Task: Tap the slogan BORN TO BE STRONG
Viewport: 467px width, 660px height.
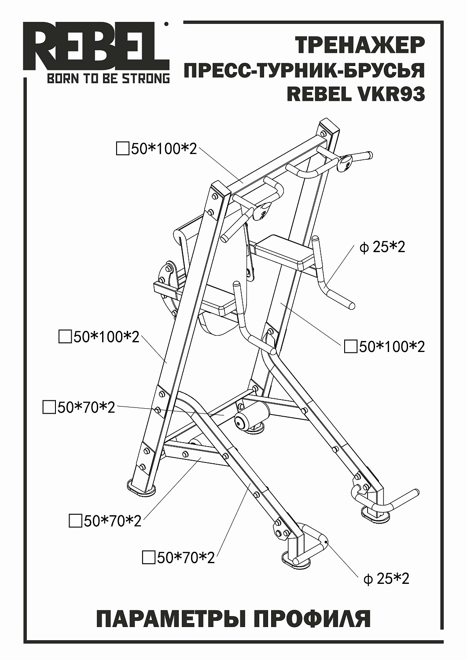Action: [x=108, y=79]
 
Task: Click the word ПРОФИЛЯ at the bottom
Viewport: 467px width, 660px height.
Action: [x=312, y=619]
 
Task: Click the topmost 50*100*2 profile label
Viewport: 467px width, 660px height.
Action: [x=163, y=149]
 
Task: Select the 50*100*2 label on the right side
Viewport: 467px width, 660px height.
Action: [x=392, y=347]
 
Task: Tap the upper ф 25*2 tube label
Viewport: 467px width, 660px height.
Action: [x=382, y=247]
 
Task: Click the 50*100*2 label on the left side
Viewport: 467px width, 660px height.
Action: [x=106, y=337]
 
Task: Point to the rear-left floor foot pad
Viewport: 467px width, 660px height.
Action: [x=141, y=487]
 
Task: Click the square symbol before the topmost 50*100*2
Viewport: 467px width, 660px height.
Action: [x=122, y=149]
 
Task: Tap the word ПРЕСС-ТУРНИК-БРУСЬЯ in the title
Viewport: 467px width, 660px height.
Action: [x=304, y=70]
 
